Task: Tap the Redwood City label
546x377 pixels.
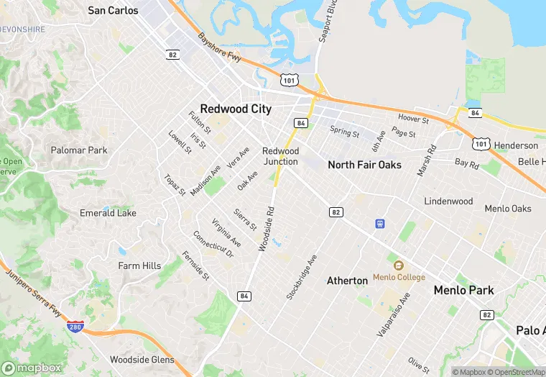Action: (236, 109)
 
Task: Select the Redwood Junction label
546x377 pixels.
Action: (280, 156)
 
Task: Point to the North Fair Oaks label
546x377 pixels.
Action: (364, 165)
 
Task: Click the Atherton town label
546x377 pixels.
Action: (347, 280)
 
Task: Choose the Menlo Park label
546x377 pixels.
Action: (464, 291)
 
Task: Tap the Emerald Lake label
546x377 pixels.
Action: (108, 213)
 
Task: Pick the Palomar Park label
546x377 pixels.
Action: (79, 150)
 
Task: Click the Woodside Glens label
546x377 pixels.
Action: (142, 359)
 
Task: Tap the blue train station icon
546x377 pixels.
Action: (379, 224)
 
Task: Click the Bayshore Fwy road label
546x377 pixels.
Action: (222, 49)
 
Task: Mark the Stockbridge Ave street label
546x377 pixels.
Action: (301, 277)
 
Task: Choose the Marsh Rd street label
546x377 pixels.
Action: (427, 161)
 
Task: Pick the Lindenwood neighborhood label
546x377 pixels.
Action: (448, 201)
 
